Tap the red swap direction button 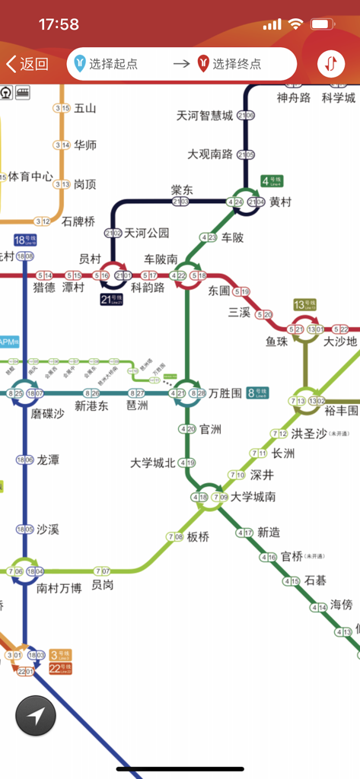(x=330, y=64)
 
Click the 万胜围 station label (x=226, y=393)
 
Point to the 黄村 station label (x=280, y=202)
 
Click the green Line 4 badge (x=272, y=181)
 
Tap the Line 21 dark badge (x=112, y=299)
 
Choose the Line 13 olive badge (x=304, y=304)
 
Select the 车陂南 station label (x=161, y=259)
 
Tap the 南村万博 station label (x=59, y=588)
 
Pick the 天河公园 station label (x=147, y=233)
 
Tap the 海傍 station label (x=341, y=605)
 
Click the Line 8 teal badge (x=258, y=393)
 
